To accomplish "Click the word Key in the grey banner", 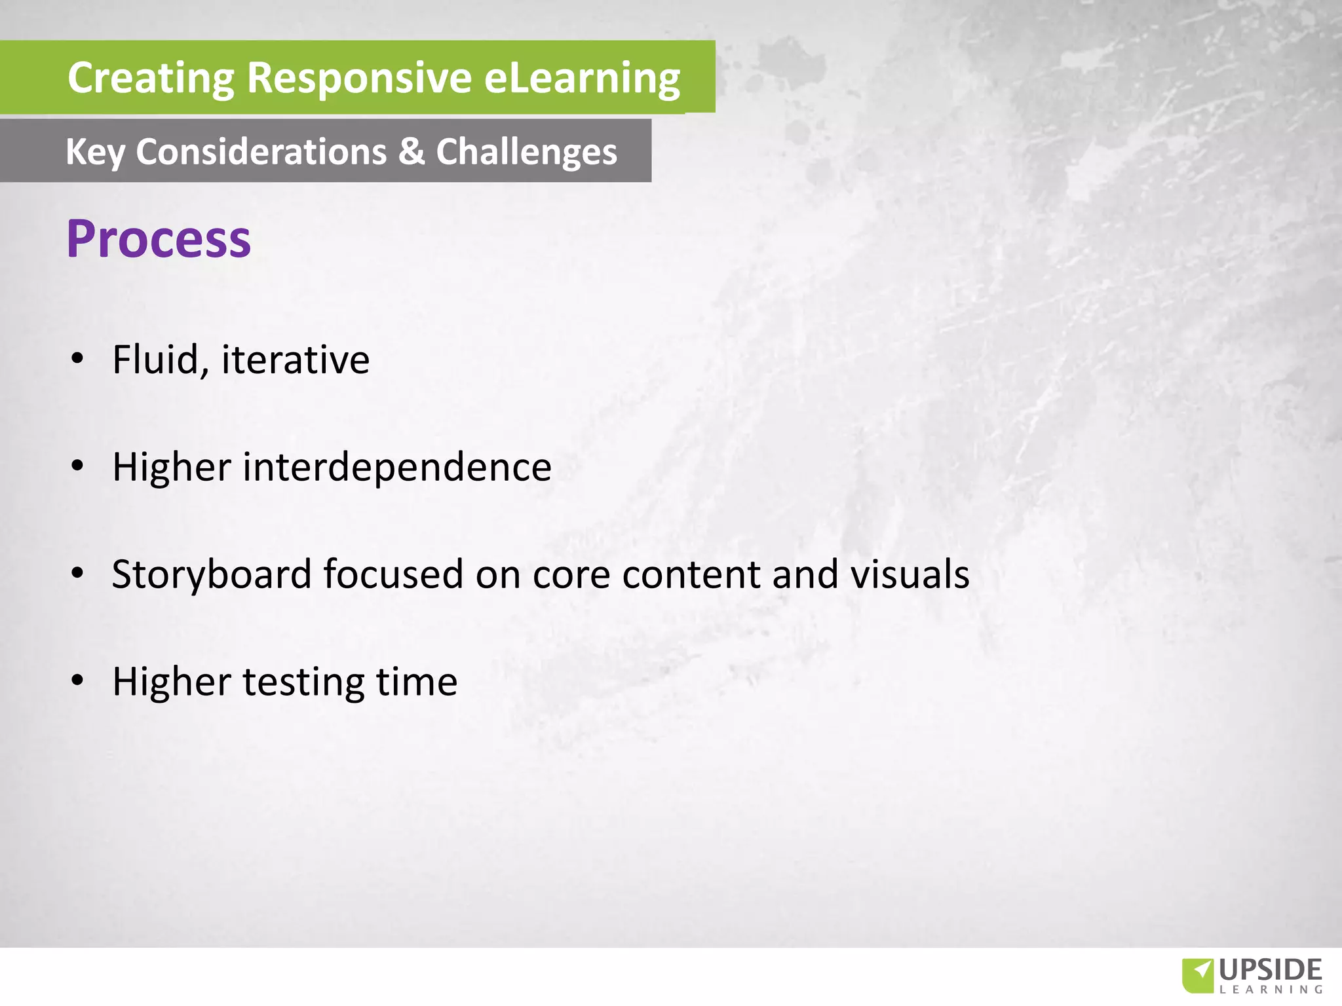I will click(x=95, y=153).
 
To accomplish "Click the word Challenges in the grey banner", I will click(x=526, y=153).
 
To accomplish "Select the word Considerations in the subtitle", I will click(x=261, y=151).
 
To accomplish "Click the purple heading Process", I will click(x=159, y=239).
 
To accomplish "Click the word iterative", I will click(x=296, y=360).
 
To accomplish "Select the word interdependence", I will click(x=397, y=467).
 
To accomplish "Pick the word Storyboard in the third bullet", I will click(x=212, y=575).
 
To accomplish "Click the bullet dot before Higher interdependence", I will click(x=78, y=466).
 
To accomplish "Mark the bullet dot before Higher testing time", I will click(x=78, y=681).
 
